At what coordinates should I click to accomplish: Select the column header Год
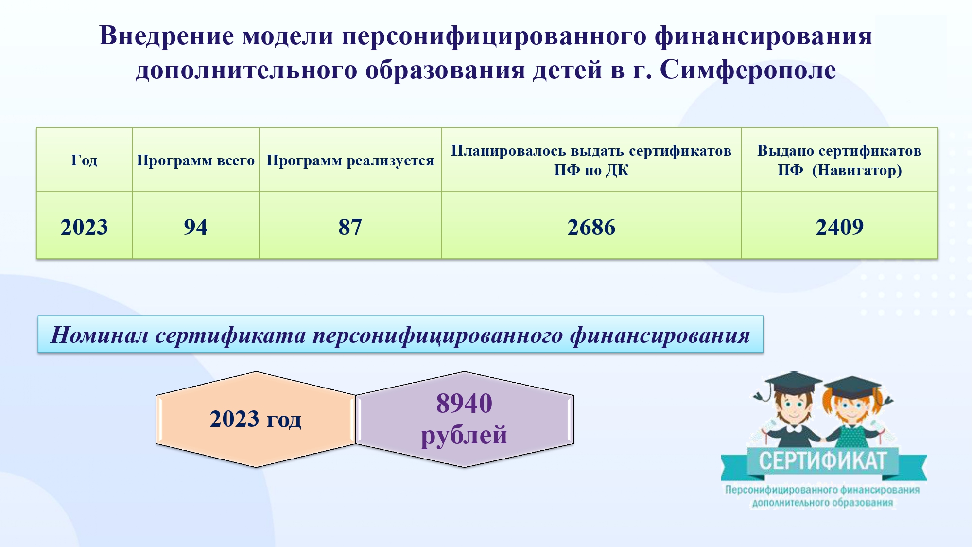[84, 160]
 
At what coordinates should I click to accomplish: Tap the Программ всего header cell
[195, 160]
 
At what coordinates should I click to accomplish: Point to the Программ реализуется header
[350, 160]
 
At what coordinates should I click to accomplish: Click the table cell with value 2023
[84, 227]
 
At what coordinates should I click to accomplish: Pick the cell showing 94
[195, 227]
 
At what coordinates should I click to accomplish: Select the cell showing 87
[350, 227]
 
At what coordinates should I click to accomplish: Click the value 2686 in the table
[591, 227]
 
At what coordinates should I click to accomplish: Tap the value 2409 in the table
[839, 227]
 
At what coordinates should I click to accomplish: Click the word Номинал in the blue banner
[99, 335]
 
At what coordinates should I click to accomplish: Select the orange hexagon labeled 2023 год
[256, 419]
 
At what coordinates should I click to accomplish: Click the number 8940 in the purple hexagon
[464, 403]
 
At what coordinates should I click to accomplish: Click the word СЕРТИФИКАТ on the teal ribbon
[823, 461]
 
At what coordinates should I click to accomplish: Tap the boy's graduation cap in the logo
[787, 384]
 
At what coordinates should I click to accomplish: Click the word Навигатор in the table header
[857, 170]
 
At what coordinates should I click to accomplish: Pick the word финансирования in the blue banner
[660, 335]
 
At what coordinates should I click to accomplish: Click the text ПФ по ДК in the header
[591, 170]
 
